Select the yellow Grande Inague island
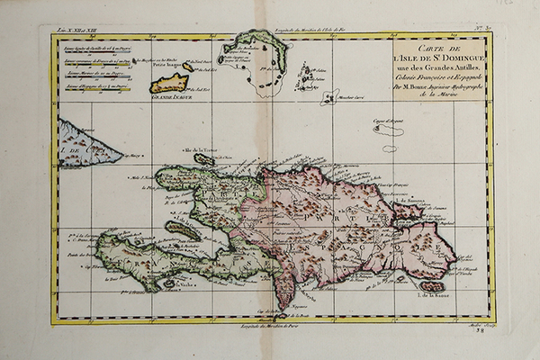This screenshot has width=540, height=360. (169, 84)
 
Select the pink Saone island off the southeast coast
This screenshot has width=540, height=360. (432, 285)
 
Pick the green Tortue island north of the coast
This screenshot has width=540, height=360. (204, 159)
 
